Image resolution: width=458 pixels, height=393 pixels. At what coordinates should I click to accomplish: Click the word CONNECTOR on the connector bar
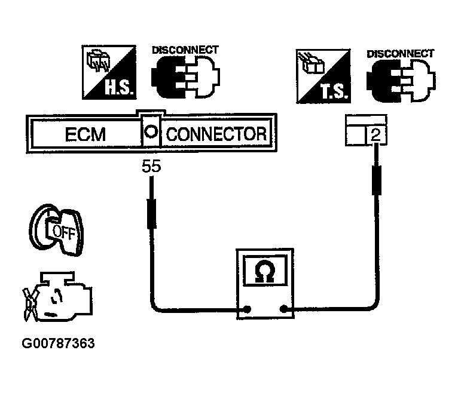click(x=216, y=134)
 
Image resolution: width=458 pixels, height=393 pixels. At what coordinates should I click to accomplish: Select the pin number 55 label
click(x=151, y=168)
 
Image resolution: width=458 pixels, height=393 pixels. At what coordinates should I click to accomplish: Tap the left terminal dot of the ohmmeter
click(x=245, y=309)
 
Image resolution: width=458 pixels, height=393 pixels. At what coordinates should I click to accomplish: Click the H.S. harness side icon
click(x=108, y=73)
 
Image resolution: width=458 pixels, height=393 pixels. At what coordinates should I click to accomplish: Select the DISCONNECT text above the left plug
click(x=185, y=50)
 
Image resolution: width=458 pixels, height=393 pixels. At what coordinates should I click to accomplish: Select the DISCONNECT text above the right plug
click(x=400, y=53)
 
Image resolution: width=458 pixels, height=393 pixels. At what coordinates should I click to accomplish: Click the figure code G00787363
click(x=58, y=344)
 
